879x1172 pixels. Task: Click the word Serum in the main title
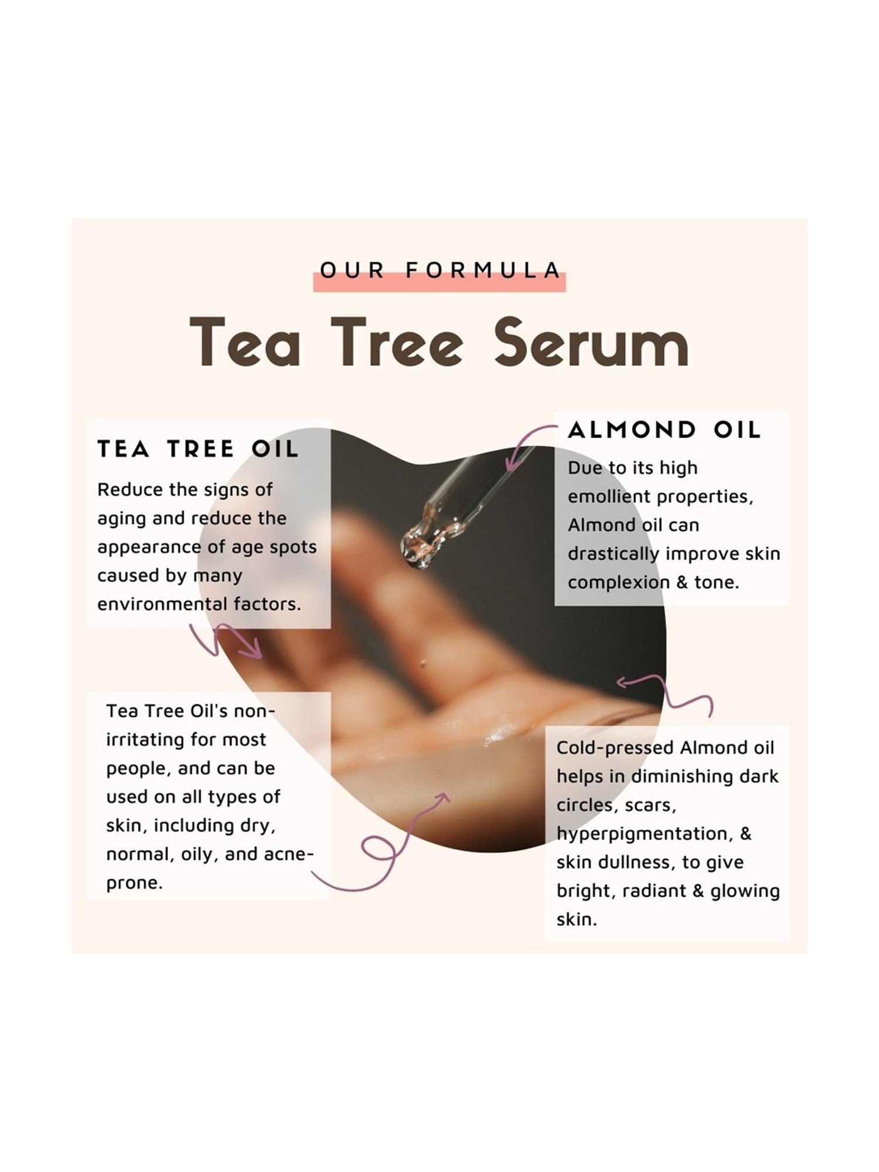[591, 344]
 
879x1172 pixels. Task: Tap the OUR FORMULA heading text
[440, 271]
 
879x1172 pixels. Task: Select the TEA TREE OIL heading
[198, 449]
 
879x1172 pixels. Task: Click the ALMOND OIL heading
[664, 431]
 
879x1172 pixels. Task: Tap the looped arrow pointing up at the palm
[387, 844]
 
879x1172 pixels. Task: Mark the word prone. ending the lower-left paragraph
[134, 883]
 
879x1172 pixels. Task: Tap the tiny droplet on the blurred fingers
[423, 663]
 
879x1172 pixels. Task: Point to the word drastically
[614, 554]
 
